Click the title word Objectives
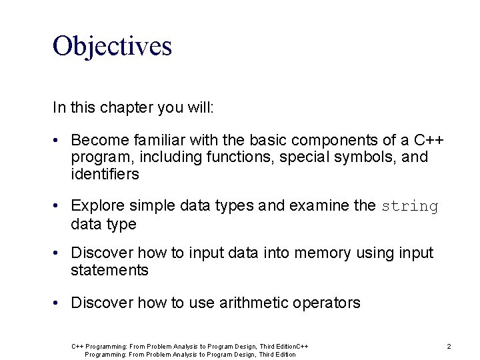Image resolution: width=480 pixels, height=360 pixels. tap(112, 46)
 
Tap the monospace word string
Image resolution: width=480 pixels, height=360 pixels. tap(410, 207)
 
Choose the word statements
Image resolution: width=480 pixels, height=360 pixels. tap(109, 271)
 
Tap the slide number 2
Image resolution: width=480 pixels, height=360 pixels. tap(449, 346)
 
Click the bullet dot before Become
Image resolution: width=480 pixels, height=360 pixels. tap(59, 141)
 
